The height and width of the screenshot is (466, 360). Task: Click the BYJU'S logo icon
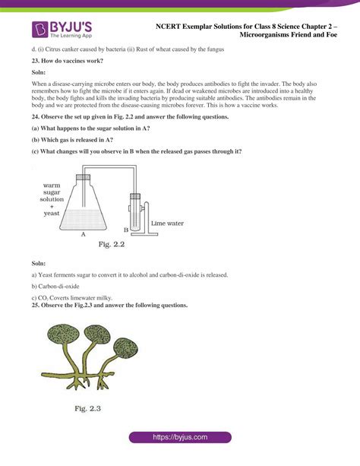click(x=39, y=30)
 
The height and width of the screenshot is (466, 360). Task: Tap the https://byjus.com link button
click(x=180, y=437)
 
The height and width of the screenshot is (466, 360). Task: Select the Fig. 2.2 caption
click(x=112, y=245)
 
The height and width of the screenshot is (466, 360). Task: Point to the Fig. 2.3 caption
click(x=87, y=409)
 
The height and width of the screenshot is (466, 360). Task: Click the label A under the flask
click(x=84, y=234)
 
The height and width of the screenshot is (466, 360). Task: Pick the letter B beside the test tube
click(x=126, y=230)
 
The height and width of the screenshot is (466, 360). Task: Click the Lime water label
click(x=167, y=223)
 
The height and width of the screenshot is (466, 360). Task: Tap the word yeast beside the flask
click(x=52, y=214)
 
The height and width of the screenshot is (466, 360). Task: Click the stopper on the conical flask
click(x=84, y=178)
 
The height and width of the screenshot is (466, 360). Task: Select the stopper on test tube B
click(x=135, y=196)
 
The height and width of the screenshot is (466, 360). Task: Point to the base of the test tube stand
click(x=144, y=234)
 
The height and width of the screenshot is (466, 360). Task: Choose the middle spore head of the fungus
click(x=97, y=334)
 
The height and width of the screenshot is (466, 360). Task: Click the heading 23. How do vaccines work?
click(x=68, y=61)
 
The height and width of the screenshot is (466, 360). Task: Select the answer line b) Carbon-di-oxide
click(x=55, y=287)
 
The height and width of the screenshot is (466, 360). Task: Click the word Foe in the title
click(x=331, y=35)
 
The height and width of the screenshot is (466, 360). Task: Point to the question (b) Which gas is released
click(x=72, y=140)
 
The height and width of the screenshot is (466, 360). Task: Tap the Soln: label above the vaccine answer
click(x=39, y=72)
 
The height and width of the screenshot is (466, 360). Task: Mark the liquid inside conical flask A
click(x=83, y=220)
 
